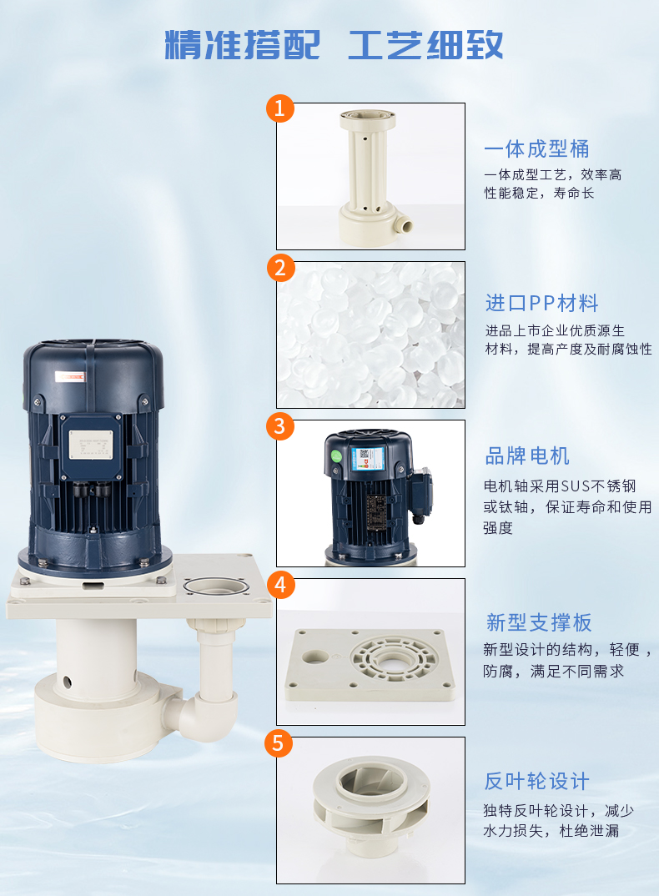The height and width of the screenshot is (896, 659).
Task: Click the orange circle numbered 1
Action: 280,108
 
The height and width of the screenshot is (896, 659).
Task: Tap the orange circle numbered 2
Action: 280,268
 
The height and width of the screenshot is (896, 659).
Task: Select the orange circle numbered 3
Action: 280,425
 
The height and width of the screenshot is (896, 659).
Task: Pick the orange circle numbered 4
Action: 280,585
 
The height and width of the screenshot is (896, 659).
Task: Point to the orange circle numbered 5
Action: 279,742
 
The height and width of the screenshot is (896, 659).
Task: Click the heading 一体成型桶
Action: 536,148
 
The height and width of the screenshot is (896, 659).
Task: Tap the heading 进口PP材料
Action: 542,303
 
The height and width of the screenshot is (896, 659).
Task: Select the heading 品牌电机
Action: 527,456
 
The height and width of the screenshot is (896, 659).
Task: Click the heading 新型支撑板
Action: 538,622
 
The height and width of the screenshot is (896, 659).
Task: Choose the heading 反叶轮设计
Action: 536,781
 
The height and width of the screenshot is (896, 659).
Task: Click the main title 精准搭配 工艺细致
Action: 334,44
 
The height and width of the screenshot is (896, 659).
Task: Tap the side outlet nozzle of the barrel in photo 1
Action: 404,223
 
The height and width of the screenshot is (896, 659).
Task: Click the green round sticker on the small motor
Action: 337,456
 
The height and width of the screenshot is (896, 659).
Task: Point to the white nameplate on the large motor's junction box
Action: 91,445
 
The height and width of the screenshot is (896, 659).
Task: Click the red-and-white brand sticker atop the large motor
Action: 70,376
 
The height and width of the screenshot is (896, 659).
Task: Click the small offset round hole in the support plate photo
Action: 315,657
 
